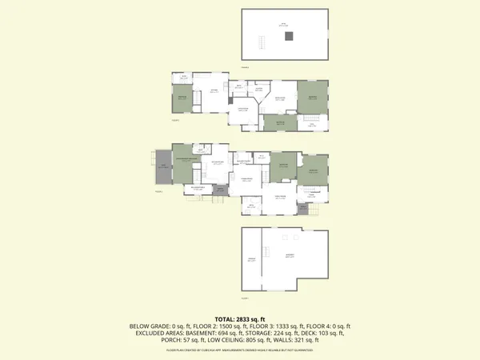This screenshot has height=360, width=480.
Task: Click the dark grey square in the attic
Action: point(290,34)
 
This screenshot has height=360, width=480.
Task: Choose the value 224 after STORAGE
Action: point(302,334)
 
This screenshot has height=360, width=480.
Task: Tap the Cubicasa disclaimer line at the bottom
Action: point(239,350)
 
